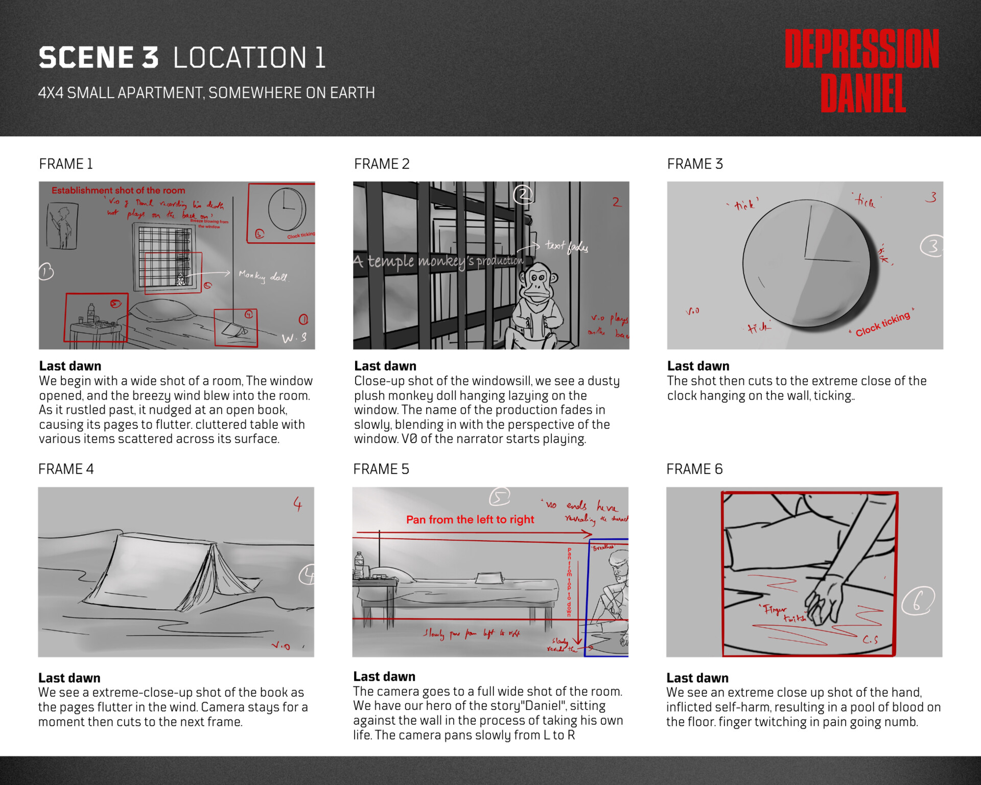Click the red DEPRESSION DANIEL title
coord(862,70)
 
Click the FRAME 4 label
coord(66,469)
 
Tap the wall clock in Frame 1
coord(287,209)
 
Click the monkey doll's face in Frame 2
coord(537,282)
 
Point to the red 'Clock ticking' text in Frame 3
coord(882,324)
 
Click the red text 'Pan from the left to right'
coord(470,520)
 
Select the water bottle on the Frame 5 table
coord(359,565)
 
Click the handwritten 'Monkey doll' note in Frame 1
coord(263,276)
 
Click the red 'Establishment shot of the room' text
coord(118,191)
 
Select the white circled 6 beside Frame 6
coord(918,601)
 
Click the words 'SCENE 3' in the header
coord(99,57)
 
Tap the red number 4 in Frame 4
coord(297,504)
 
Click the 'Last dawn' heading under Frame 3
coord(698,366)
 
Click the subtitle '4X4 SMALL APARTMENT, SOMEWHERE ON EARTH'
coord(206,93)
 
